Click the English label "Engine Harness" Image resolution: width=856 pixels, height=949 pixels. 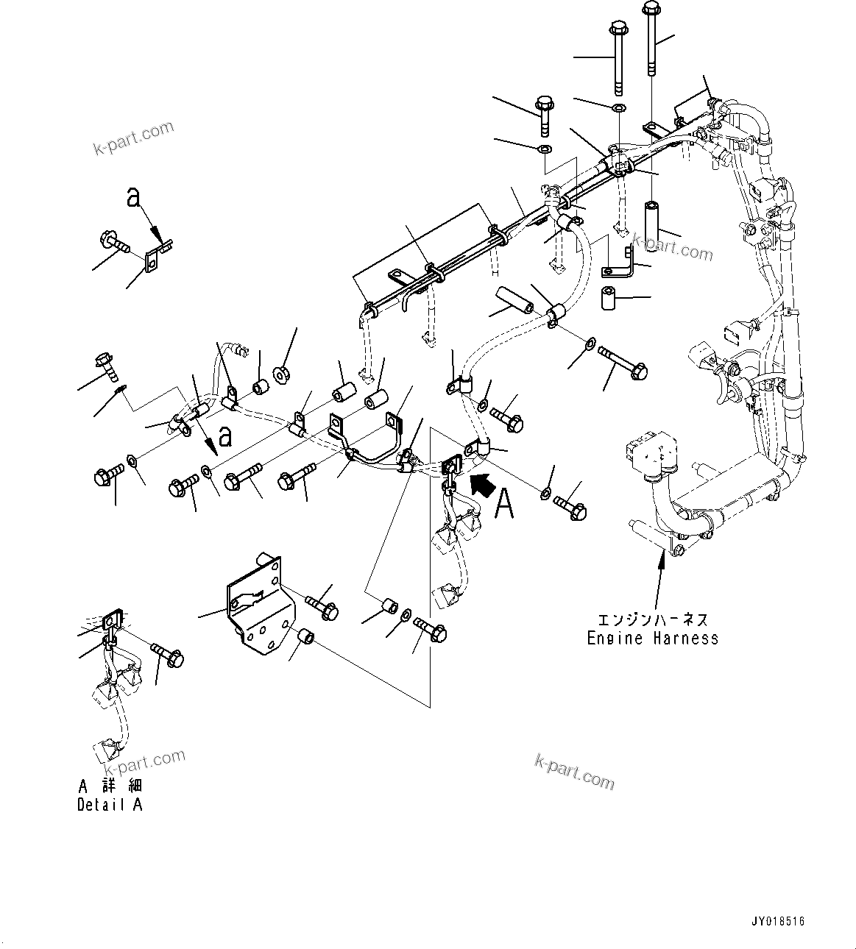click(x=652, y=639)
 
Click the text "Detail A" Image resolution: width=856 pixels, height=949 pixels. click(x=110, y=805)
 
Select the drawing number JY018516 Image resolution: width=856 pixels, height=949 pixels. click(x=777, y=921)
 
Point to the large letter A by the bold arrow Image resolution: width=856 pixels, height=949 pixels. click(x=503, y=504)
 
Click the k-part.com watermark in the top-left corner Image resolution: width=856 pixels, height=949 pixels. click(x=133, y=138)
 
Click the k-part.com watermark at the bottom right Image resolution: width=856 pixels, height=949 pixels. click(x=574, y=772)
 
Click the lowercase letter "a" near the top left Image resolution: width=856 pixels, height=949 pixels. click(x=133, y=196)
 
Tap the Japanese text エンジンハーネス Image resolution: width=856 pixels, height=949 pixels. click(x=652, y=620)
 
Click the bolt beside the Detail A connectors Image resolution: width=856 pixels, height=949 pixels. click(x=169, y=654)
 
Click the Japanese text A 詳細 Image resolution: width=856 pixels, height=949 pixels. click(x=110, y=786)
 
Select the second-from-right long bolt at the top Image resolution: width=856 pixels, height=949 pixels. click(x=618, y=59)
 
